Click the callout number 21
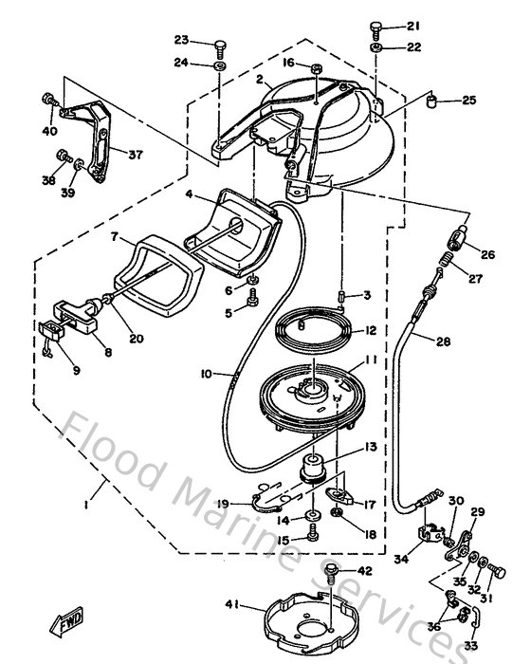pyautogui.click(x=413, y=26)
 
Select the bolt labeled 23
pyautogui.click(x=220, y=44)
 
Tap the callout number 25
pyautogui.click(x=468, y=100)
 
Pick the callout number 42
pyautogui.click(x=364, y=571)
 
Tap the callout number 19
pyautogui.click(x=221, y=504)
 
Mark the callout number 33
pyautogui.click(x=471, y=646)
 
